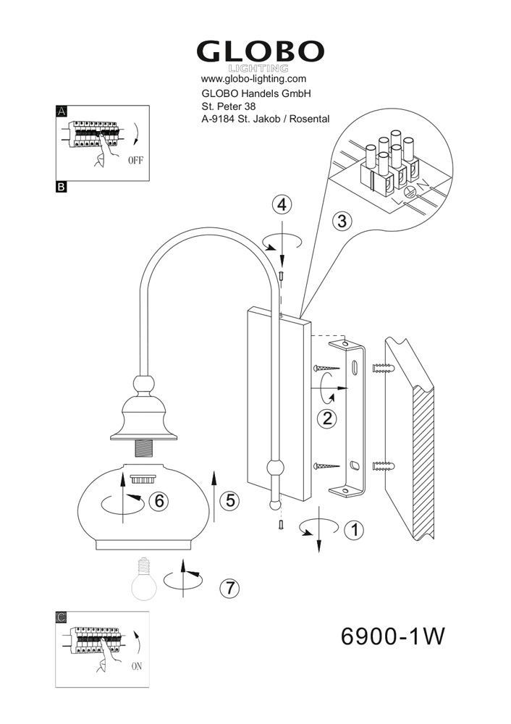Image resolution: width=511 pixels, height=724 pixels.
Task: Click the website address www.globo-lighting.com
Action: click(253, 78)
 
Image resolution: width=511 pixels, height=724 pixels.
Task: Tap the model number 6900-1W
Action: click(392, 636)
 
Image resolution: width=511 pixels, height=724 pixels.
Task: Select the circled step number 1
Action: click(354, 530)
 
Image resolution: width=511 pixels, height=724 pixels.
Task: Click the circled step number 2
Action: click(327, 418)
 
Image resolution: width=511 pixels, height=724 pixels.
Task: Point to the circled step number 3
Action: click(342, 221)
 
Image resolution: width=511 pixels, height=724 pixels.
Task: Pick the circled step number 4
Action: click(282, 204)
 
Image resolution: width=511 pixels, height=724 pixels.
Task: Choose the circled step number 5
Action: click(230, 500)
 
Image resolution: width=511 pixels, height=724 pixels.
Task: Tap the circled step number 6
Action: click(159, 500)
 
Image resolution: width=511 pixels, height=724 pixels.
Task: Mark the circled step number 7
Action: click(229, 588)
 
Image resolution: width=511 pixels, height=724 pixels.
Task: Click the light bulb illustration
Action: click(144, 579)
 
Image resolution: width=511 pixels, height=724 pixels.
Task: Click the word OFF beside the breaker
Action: click(136, 161)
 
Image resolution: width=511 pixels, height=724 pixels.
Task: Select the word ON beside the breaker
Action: click(137, 666)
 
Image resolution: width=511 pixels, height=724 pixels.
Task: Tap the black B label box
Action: click(61, 187)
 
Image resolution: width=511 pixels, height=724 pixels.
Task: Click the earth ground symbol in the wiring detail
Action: click(410, 193)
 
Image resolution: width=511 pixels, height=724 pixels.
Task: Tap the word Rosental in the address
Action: click(311, 119)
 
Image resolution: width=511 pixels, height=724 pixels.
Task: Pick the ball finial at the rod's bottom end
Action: click(275, 505)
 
